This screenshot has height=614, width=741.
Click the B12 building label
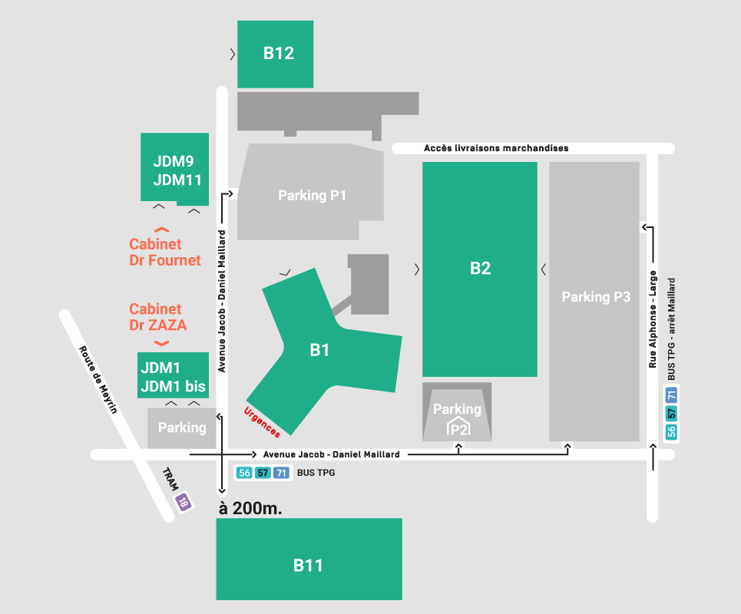(279, 54)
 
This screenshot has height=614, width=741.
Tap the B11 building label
(308, 566)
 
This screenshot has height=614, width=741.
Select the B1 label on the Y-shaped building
(319, 351)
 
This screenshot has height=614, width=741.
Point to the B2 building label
(480, 269)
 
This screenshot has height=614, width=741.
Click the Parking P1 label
(312, 196)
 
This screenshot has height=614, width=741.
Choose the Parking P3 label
(596, 296)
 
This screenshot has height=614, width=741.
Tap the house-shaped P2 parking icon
(458, 428)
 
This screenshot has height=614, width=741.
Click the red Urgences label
(262, 422)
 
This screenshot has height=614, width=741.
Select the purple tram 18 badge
(183, 503)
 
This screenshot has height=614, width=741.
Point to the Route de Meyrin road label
(98, 378)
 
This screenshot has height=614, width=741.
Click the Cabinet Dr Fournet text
(165, 253)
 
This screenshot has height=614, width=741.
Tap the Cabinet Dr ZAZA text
(158, 317)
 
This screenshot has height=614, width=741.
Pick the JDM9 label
(174, 162)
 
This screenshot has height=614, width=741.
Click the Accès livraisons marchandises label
(496, 148)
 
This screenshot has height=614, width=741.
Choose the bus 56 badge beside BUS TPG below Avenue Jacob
(245, 473)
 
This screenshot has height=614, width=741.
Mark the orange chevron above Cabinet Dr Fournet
(162, 229)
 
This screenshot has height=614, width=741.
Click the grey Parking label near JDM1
(182, 427)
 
